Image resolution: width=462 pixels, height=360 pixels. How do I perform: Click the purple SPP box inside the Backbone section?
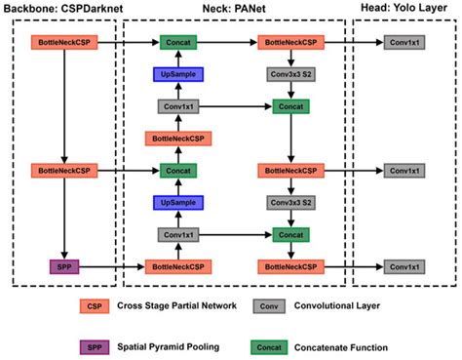pyautogui.click(x=62, y=265)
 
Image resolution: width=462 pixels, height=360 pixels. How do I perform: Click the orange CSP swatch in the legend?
pyautogui.click(x=95, y=306)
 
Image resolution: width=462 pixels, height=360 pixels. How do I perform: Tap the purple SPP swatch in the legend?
pyautogui.click(x=95, y=346)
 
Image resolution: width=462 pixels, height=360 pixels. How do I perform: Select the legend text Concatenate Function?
pyautogui.click(x=344, y=346)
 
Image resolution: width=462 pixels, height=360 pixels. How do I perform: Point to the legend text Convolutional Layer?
pyautogui.click(x=339, y=306)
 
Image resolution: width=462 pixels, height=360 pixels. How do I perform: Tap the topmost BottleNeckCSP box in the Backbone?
pyautogui.click(x=62, y=43)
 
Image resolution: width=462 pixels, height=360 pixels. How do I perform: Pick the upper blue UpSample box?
pyautogui.click(x=176, y=74)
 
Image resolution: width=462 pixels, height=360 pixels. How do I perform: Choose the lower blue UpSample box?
pyautogui.click(x=176, y=202)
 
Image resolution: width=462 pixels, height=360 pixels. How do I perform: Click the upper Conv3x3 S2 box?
pyautogui.click(x=290, y=74)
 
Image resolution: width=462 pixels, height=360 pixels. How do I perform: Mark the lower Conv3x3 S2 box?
pyautogui.click(x=290, y=202)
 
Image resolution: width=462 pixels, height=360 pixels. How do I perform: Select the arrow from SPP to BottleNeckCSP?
pyautogui.click(x=111, y=265)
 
